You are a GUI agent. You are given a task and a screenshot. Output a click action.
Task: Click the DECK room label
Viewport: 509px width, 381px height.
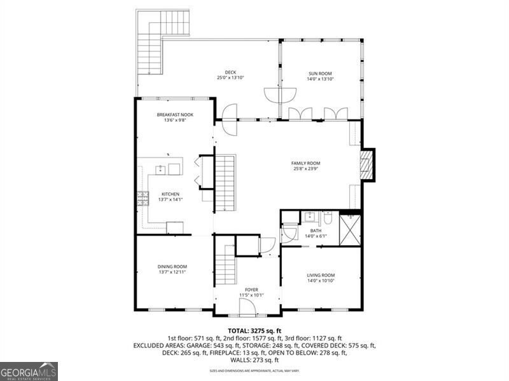[230, 72]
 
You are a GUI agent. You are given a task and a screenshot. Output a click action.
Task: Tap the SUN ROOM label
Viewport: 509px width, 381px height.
[320, 74]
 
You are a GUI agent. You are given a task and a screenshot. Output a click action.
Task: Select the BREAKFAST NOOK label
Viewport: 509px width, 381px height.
[175, 115]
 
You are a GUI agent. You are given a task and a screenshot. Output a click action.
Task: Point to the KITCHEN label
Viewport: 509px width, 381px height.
[170, 194]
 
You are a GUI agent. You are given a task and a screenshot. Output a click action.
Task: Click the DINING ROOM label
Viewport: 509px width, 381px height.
[172, 267]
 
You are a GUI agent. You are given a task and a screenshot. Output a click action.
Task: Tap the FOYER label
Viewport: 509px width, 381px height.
[251, 290]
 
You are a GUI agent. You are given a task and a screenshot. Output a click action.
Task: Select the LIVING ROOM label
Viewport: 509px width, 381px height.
[321, 275]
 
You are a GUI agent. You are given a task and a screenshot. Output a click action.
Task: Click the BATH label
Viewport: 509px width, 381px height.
[316, 231]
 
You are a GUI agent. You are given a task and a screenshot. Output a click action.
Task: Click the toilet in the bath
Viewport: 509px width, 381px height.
[328, 218]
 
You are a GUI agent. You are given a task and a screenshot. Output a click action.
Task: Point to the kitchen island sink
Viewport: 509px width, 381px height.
[162, 169]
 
